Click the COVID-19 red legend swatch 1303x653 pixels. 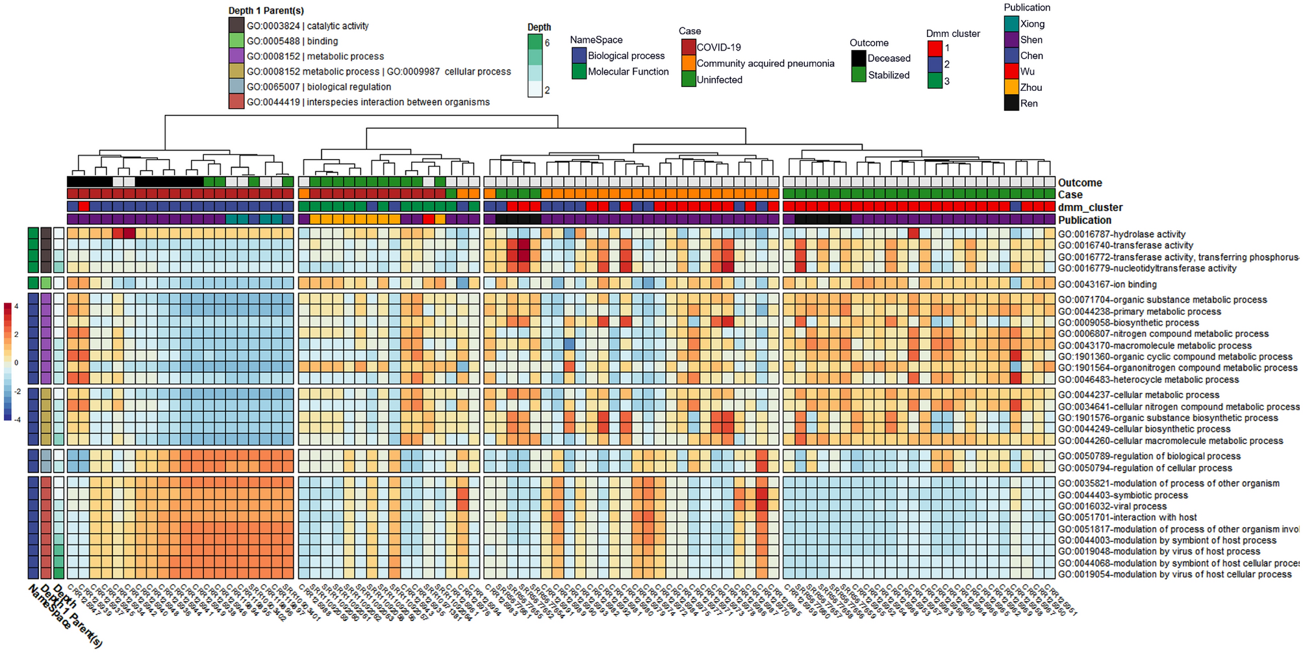tap(689, 47)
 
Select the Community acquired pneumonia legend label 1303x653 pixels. tap(765, 64)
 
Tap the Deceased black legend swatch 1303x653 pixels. tap(859, 58)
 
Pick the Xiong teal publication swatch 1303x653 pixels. tap(1011, 24)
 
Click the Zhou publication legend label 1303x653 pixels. tap(1031, 88)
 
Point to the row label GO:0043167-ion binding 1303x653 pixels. tap(1116, 284)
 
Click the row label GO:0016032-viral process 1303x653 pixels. tap(1112, 506)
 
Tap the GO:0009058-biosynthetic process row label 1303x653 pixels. tap(1128, 323)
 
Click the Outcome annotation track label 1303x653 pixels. tap(1080, 183)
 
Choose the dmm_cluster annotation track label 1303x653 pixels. tap(1090, 208)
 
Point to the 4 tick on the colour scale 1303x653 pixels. tap(16, 306)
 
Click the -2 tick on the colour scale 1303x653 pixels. tap(17, 391)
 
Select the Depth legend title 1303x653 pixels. tap(539, 27)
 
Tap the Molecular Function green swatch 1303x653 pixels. tap(579, 72)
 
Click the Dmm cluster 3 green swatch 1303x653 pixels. tap(935, 81)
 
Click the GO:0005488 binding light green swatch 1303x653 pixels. tap(236, 41)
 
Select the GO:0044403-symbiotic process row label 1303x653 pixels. tap(1122, 495)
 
